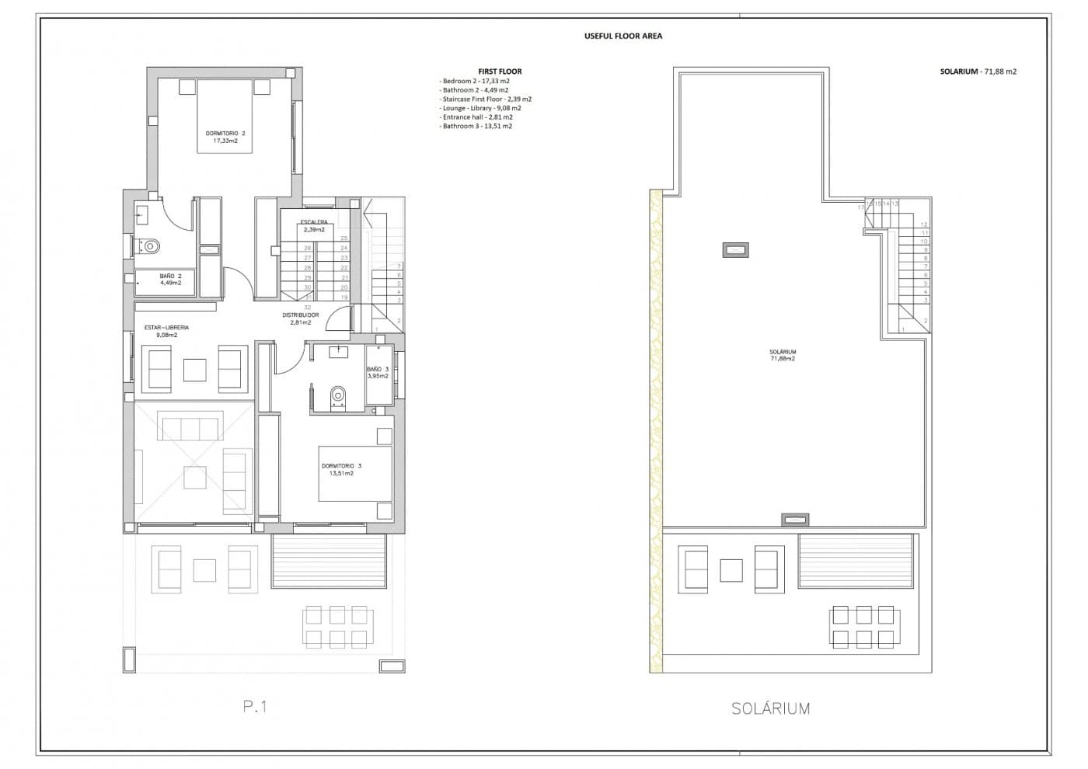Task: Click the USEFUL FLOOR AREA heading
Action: click(x=622, y=36)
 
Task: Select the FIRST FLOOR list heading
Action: click(x=500, y=71)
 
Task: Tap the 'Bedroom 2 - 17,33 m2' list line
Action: click(x=475, y=81)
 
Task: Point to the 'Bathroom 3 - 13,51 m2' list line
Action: click(x=476, y=126)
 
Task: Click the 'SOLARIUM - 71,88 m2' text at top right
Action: click(x=978, y=71)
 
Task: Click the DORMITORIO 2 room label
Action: click(x=225, y=137)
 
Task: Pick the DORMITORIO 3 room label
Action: click(x=340, y=469)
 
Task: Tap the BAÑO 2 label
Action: click(x=170, y=279)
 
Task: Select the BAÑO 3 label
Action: click(x=377, y=372)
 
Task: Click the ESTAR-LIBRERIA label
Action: click(x=166, y=331)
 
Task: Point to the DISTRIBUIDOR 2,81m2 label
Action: click(x=300, y=318)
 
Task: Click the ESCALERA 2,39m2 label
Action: click(x=314, y=226)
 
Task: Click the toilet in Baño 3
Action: click(x=337, y=397)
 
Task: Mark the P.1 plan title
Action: click(x=255, y=706)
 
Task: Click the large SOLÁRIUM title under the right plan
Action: click(x=769, y=708)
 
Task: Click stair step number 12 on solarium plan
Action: click(x=924, y=224)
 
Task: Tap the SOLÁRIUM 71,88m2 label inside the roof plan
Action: click(x=782, y=355)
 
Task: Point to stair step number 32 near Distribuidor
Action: click(x=308, y=308)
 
